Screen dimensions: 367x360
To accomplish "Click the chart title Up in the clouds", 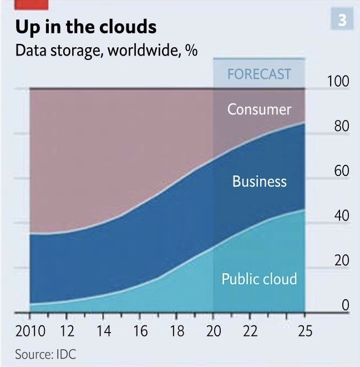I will click(x=86, y=27).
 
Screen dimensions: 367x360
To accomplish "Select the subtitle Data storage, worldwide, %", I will click(x=107, y=51).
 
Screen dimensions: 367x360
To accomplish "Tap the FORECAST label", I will click(x=259, y=74).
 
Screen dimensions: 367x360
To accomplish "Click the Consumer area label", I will click(x=259, y=109).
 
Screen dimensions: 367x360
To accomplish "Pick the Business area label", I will click(x=259, y=182).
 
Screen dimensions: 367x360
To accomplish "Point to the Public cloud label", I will click(x=259, y=278).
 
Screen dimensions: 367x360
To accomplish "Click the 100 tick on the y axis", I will click(x=338, y=82).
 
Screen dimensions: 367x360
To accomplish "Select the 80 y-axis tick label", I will click(x=341, y=127).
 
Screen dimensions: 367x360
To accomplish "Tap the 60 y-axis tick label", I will click(x=341, y=171).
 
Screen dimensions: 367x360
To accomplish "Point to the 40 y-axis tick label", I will click(x=341, y=216).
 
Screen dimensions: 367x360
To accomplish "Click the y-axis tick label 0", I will click(x=345, y=305).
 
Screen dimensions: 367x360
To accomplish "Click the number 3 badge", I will click(x=342, y=21).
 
